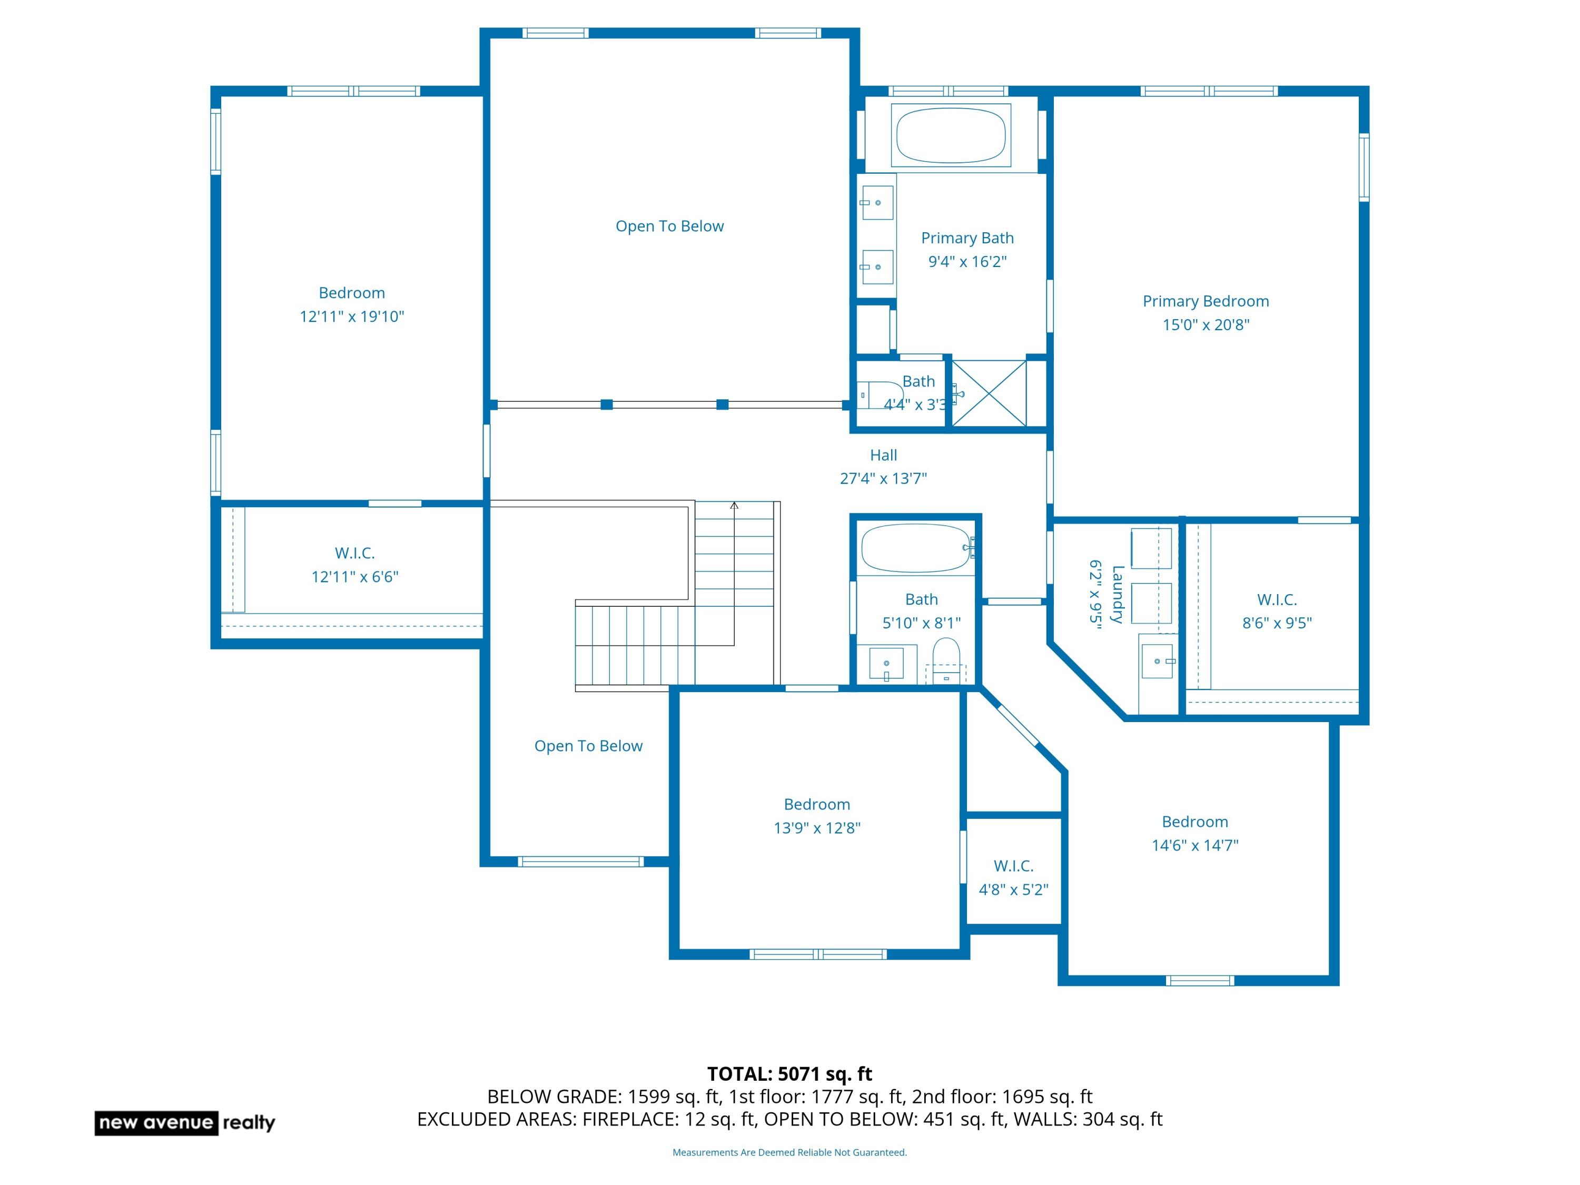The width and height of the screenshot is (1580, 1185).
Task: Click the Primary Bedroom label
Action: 1206,301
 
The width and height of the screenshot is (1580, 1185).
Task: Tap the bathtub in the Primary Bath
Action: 951,135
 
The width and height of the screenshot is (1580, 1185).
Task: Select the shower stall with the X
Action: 989,393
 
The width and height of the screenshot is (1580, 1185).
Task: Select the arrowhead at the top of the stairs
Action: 734,506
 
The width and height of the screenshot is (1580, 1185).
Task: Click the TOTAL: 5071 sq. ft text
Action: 789,1074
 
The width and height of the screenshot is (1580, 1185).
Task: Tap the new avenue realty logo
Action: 185,1123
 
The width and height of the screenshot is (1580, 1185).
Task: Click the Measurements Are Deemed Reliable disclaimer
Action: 789,1152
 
